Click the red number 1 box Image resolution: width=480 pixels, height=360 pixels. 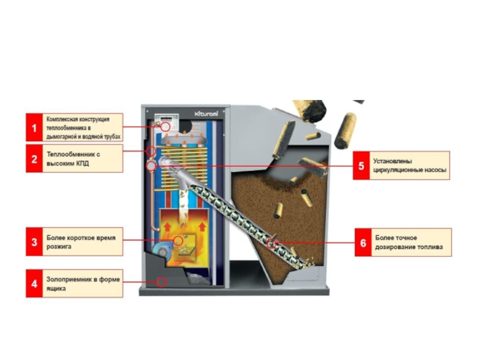pyautogui.click(x=34, y=128)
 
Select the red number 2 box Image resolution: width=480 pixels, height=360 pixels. pyautogui.click(x=34, y=158)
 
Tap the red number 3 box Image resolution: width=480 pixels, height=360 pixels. pyautogui.click(x=34, y=242)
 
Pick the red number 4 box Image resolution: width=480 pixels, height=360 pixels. pyautogui.click(x=34, y=283)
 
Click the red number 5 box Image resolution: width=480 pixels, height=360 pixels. pyautogui.click(x=361, y=165)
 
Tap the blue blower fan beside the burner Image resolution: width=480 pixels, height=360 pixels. pyautogui.click(x=160, y=247)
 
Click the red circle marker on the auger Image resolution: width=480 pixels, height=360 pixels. pyautogui.click(x=272, y=243)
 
